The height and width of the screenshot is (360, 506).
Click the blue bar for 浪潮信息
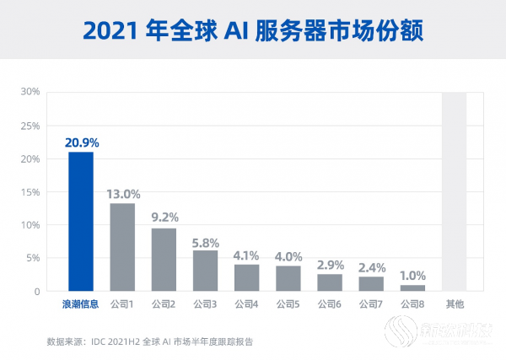point(81,222)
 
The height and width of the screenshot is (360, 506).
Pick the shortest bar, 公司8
point(412,288)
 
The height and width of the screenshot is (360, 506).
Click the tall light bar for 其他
point(454,191)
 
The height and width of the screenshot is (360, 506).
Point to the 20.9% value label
point(81,142)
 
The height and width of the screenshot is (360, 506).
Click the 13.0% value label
point(123,193)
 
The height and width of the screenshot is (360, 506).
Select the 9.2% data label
point(164,218)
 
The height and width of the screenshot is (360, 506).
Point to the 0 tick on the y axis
point(37,292)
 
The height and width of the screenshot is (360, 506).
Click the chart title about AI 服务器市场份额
point(252,30)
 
